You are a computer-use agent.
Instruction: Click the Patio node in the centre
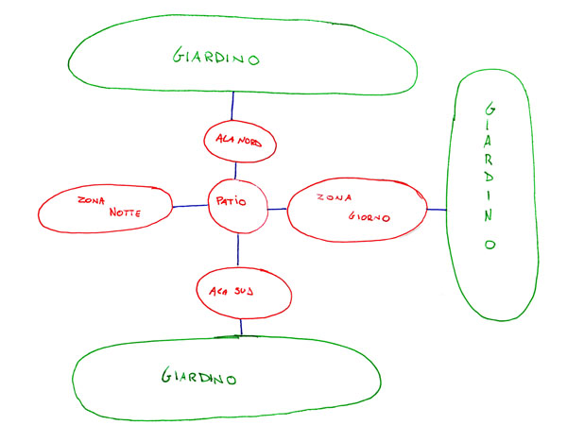[236, 202]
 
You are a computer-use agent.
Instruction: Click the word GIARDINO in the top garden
[216, 57]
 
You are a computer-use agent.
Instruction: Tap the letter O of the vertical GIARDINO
[490, 243]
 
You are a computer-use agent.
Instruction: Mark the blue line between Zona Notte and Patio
[189, 206]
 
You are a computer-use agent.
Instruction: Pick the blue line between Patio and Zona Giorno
[276, 208]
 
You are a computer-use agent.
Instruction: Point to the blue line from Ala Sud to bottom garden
[241, 327]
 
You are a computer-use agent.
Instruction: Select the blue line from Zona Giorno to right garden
[436, 209]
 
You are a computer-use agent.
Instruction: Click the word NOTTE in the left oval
[125, 212]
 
